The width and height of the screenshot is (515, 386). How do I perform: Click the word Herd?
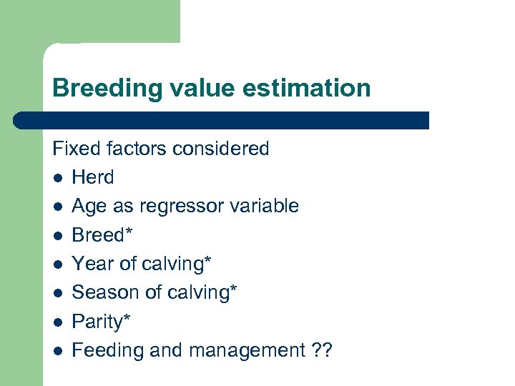coord(93,177)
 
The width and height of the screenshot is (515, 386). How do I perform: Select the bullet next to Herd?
coord(57,178)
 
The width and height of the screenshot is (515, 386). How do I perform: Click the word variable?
coord(263,206)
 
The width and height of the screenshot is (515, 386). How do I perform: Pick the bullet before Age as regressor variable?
coord(57,207)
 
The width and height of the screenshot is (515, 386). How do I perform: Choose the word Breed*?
coord(102,235)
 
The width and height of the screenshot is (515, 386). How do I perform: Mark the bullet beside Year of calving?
coord(57,264)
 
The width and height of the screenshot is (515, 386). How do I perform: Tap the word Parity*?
coord(102,322)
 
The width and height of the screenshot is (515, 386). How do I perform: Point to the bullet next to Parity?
coord(57,322)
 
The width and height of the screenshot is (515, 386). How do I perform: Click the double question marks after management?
coord(322,350)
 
